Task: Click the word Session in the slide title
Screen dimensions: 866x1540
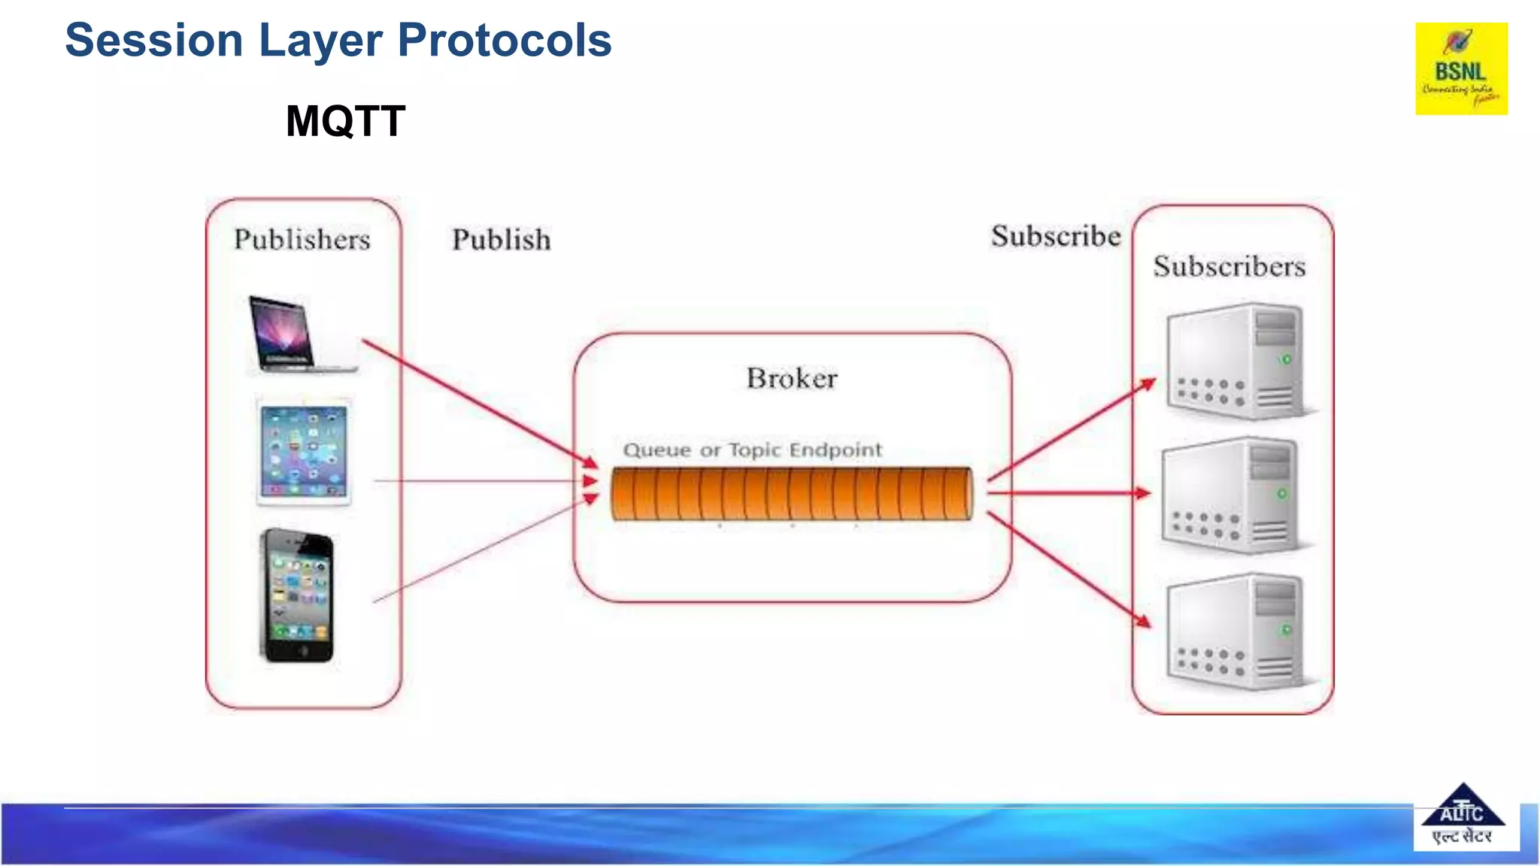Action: point(153,41)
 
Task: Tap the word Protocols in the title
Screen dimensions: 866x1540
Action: point(504,41)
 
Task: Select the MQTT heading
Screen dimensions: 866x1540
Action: point(345,121)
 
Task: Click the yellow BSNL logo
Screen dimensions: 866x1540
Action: point(1461,68)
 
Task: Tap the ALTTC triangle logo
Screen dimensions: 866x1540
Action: point(1463,816)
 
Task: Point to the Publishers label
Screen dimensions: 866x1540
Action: point(302,240)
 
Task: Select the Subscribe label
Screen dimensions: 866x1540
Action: point(1056,237)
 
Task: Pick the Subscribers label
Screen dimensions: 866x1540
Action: point(1229,267)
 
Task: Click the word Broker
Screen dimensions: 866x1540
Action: point(792,378)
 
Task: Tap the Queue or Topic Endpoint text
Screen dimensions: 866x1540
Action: point(753,450)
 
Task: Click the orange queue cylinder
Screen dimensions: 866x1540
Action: point(791,494)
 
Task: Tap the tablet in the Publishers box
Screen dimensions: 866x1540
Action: point(304,452)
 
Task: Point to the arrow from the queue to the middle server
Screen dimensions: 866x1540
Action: point(1068,493)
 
